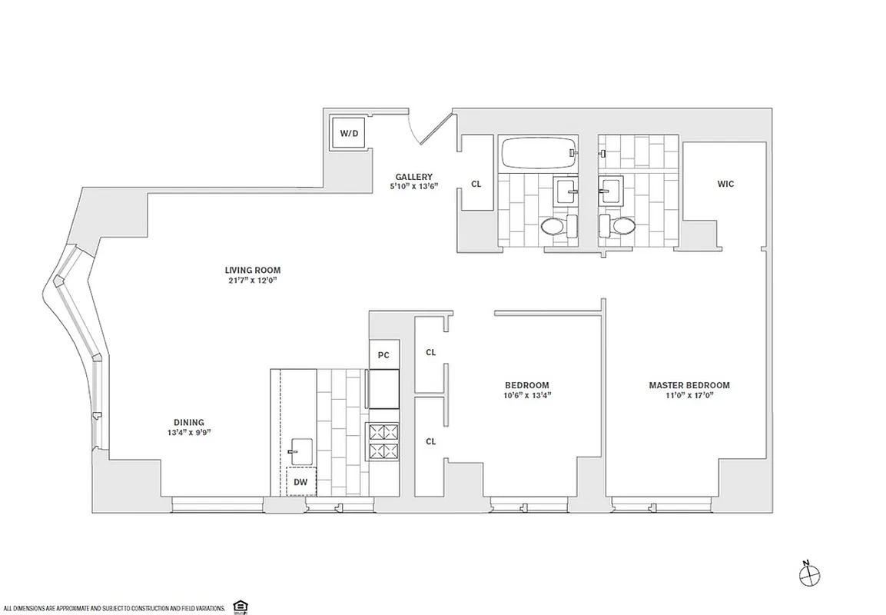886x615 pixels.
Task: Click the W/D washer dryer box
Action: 349,133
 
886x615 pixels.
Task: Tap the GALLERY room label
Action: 414,176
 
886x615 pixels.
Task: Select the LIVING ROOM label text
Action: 252,270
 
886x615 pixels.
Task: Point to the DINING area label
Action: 188,422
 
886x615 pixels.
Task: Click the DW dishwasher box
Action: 300,481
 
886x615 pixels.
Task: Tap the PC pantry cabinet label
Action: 383,355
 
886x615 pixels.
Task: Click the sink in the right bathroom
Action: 612,189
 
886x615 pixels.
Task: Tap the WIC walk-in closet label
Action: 725,184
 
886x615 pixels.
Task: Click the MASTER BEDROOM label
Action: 689,385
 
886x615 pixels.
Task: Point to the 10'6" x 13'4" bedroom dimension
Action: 527,395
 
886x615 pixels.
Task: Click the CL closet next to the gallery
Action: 476,184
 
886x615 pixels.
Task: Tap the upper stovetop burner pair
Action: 383,431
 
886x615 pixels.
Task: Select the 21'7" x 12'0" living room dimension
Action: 252,280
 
